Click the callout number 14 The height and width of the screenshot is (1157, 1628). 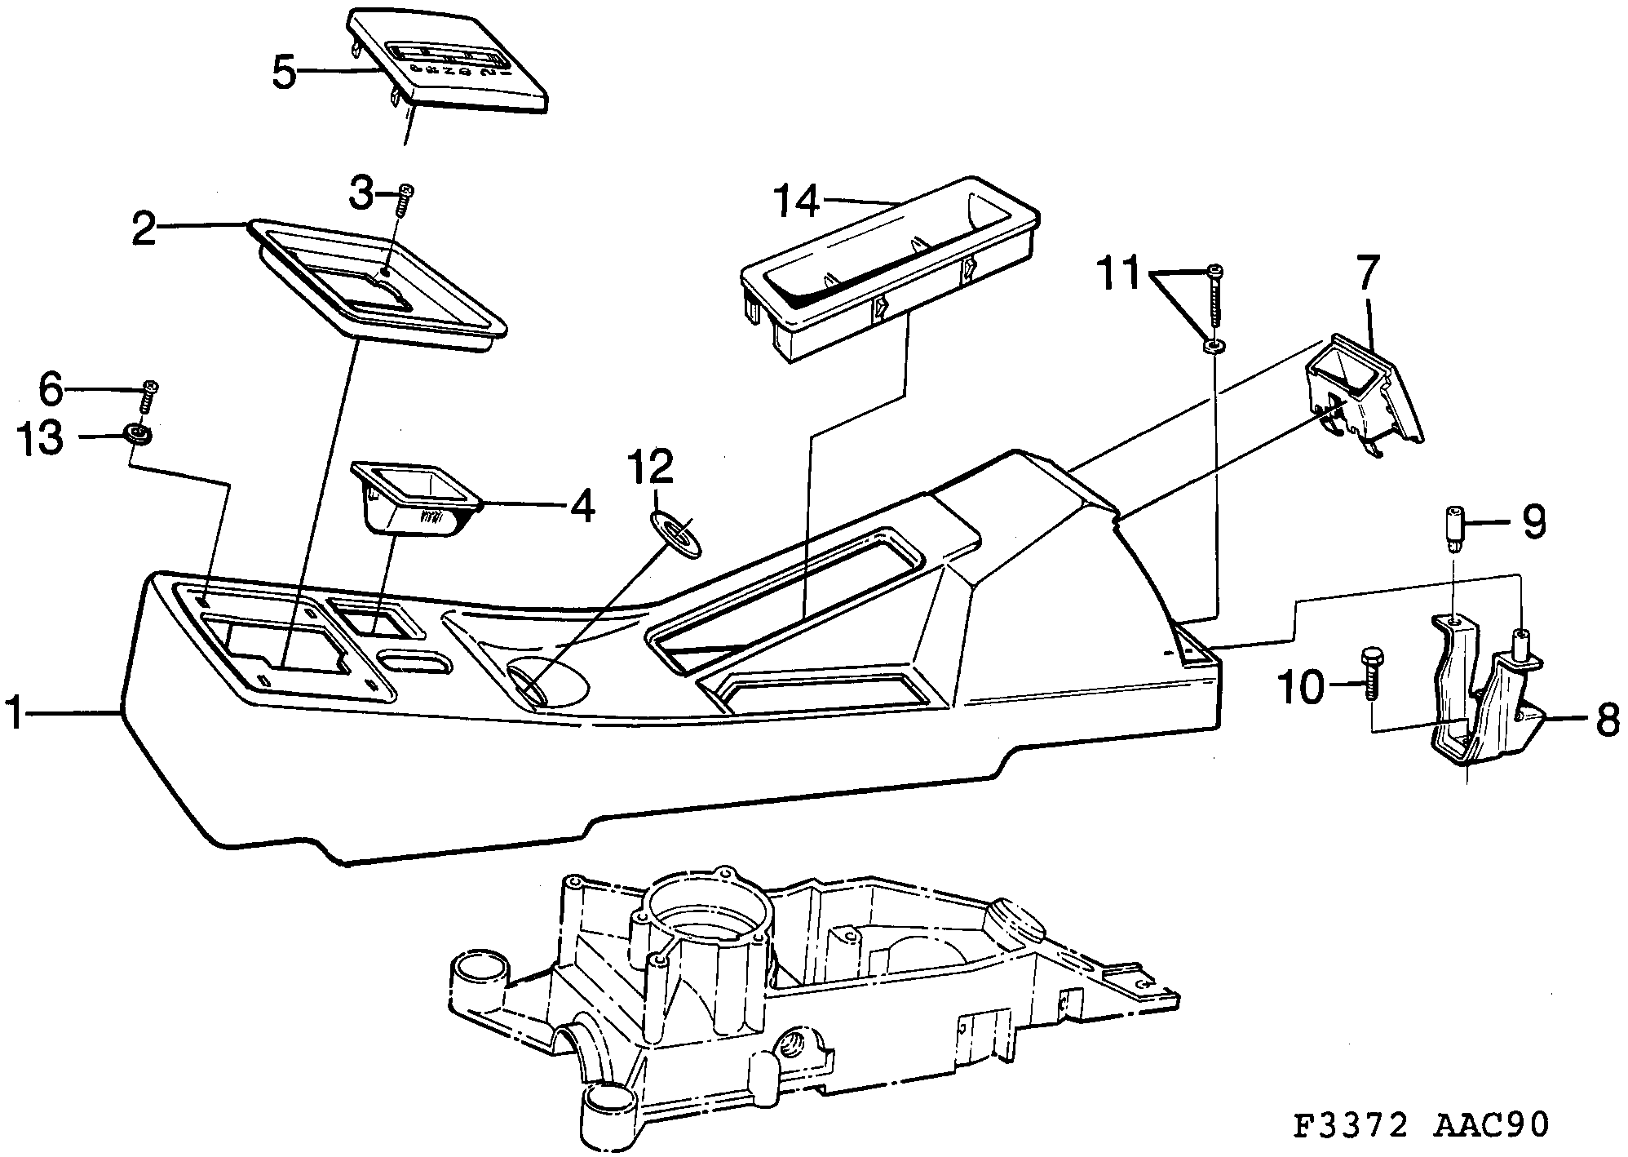(x=795, y=201)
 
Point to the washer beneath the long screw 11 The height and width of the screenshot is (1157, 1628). (x=1213, y=348)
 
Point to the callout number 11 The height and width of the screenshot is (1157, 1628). (x=1122, y=276)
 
